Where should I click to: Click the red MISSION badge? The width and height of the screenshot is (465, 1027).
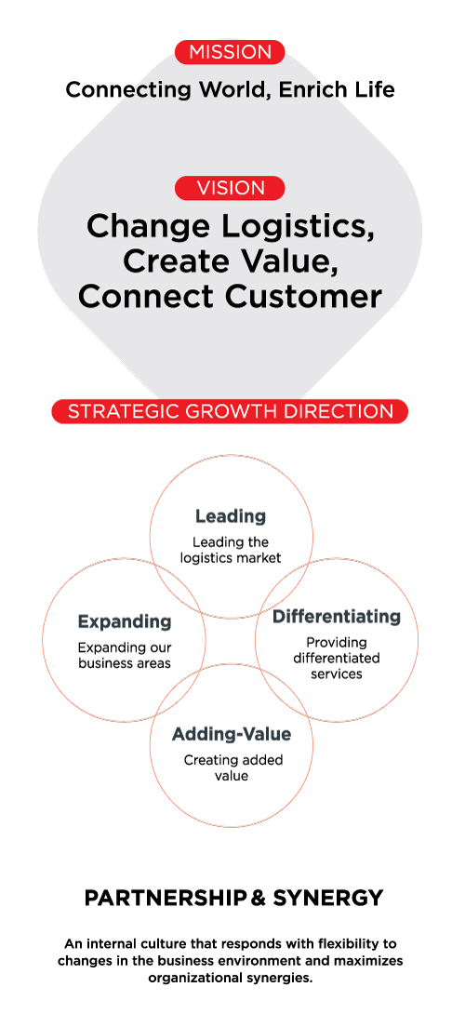pos(230,52)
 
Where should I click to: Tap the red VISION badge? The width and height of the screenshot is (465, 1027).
pos(230,188)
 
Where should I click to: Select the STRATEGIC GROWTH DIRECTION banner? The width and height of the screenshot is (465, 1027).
pos(230,411)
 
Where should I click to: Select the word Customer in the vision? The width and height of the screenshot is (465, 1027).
pos(303,297)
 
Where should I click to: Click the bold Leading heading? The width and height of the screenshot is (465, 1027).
pos(231,516)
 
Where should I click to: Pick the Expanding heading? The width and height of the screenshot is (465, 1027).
pos(125,620)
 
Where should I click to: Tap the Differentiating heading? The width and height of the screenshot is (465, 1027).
pos(337,617)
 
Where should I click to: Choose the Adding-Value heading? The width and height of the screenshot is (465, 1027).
pos(232,734)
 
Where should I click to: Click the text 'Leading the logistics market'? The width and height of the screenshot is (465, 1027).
pos(231,550)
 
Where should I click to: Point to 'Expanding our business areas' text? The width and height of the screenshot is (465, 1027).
pos(125,655)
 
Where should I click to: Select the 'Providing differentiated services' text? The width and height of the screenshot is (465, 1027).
pos(337,658)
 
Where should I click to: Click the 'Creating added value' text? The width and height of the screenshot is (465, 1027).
pos(232,767)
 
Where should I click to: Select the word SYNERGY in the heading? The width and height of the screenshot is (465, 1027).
pos(328,898)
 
